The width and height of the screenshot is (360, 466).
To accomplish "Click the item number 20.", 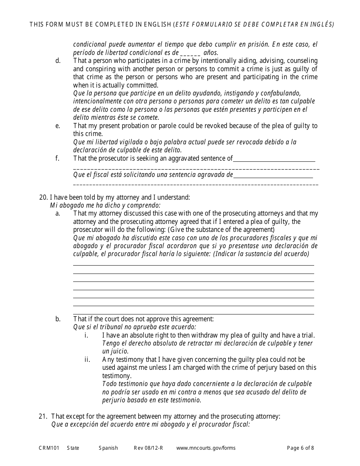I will click(43, 197).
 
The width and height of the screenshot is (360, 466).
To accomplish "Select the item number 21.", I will click(42, 416).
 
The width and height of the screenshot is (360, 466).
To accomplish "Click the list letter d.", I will click(58, 61).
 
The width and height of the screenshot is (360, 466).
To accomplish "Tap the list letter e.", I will click(58, 126).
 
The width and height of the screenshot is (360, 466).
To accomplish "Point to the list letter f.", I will click(58, 158).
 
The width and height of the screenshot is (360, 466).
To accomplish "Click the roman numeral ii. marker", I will click(87, 360).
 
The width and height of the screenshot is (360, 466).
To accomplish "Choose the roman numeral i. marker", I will click(86, 335).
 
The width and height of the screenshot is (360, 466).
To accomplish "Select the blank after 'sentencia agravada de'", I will click(273, 176).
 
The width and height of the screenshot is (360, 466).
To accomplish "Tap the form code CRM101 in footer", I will click(47, 448).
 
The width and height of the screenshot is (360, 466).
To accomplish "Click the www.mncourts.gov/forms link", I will click(206, 448).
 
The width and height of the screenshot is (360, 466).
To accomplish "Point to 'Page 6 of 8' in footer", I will click(301, 448).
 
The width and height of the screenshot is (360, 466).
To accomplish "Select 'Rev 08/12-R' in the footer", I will click(148, 448).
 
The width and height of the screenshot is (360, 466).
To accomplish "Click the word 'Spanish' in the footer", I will click(108, 448).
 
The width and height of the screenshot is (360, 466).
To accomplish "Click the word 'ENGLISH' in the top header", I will click(156, 25).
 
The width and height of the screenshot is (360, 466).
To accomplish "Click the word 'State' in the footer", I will click(73, 448).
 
